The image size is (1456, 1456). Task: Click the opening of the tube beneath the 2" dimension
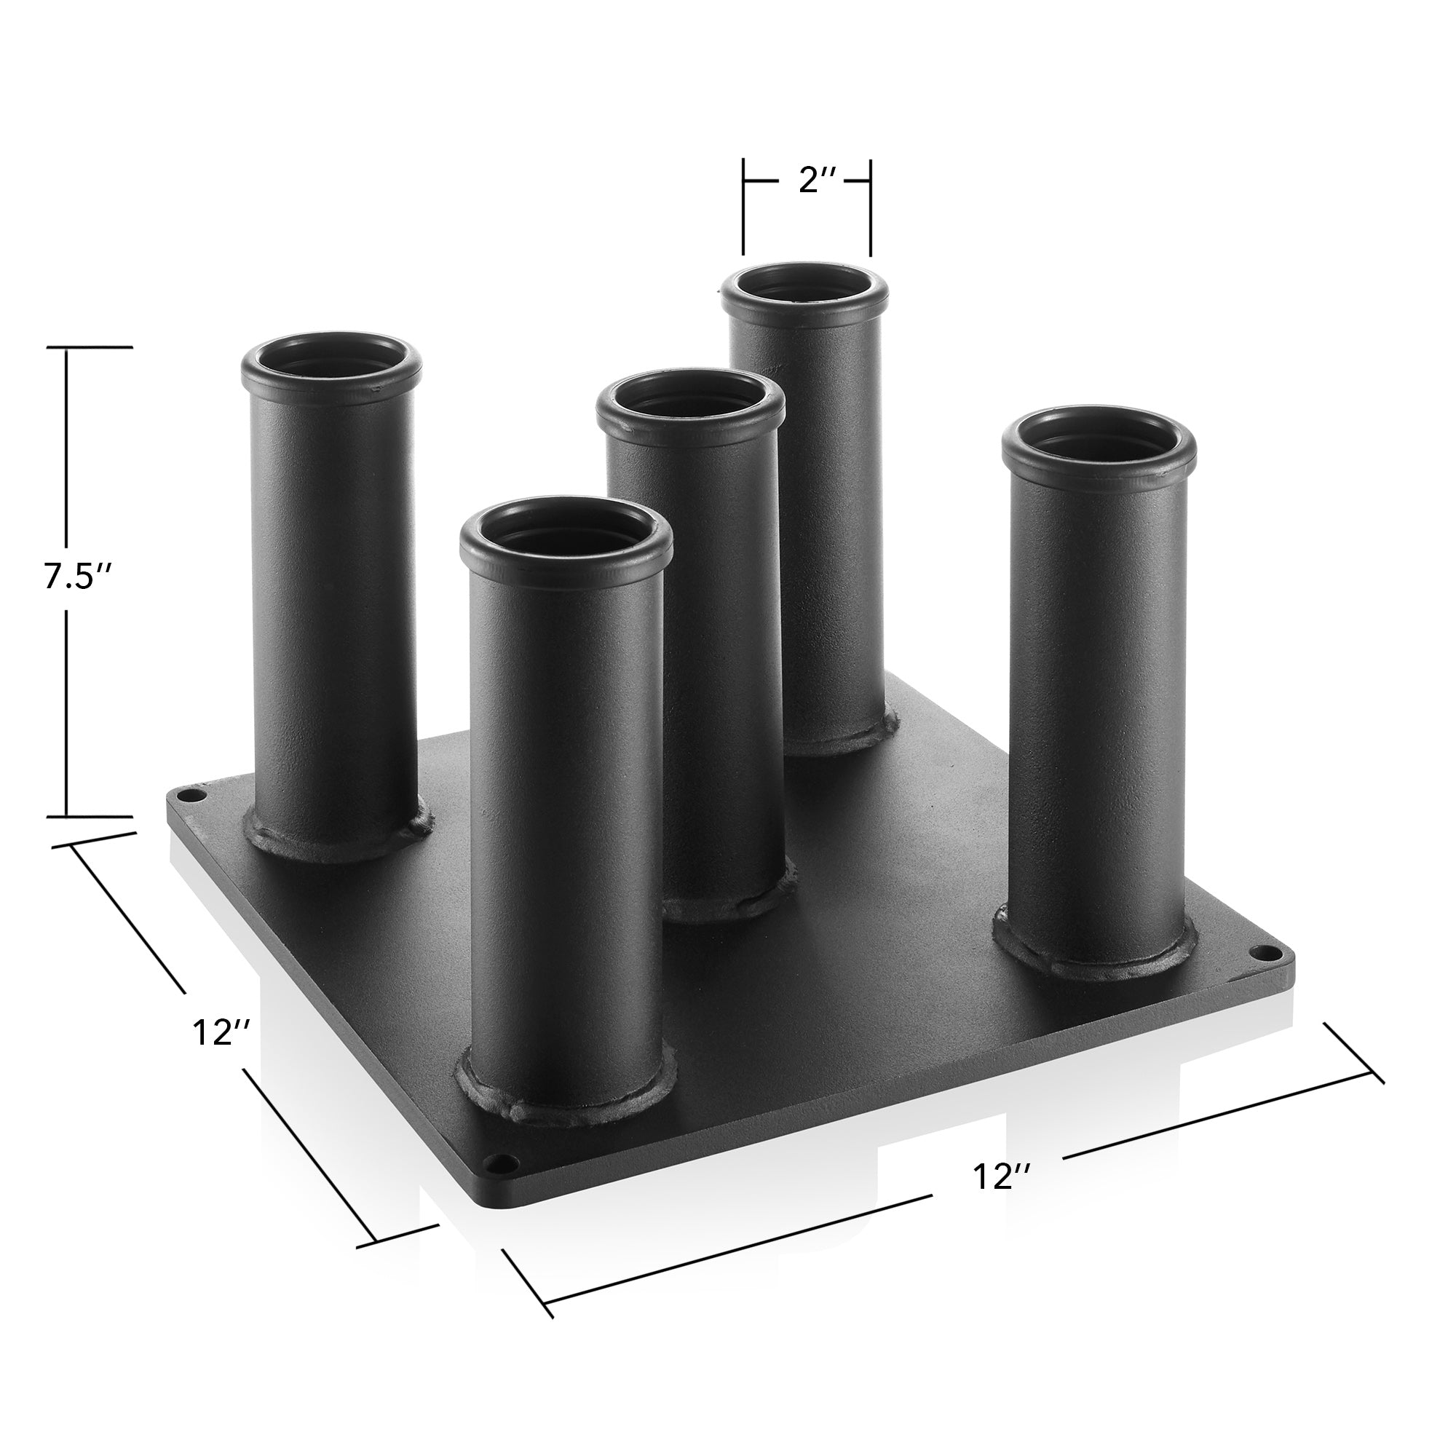coord(805,287)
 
